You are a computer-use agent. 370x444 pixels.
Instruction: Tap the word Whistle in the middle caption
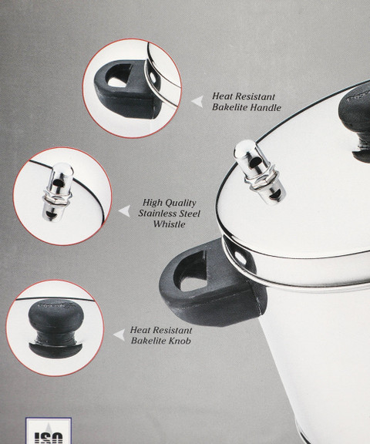(170, 224)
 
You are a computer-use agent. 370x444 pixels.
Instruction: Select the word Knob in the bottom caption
(180, 341)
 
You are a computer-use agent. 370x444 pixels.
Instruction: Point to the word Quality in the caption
(180, 203)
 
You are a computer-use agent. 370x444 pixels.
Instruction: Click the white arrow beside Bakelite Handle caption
(197, 102)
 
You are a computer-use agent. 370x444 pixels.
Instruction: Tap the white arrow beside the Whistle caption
(124, 211)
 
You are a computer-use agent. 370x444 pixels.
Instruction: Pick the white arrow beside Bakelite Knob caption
(119, 335)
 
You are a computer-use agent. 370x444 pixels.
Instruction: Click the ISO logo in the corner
(49, 431)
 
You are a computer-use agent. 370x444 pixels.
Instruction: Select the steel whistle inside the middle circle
(58, 192)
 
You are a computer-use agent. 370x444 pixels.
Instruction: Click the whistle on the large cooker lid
(258, 172)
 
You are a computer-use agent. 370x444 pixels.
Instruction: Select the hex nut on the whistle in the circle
(58, 197)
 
